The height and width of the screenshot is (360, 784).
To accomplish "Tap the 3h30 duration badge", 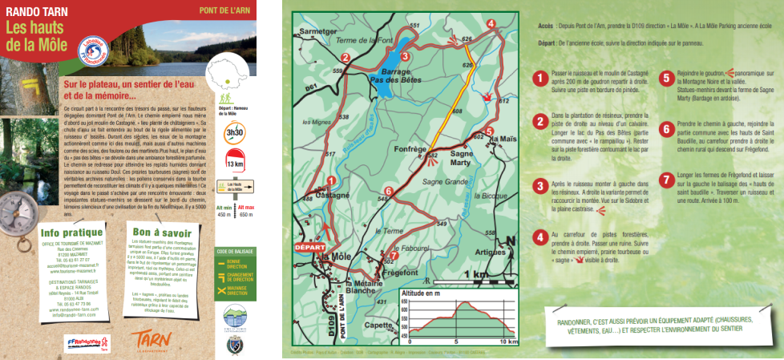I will [235, 132].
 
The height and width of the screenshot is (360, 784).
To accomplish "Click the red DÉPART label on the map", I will [309, 247].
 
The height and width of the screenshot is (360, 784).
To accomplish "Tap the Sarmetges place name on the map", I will [315, 32].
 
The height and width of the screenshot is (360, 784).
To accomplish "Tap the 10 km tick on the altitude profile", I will [507, 342].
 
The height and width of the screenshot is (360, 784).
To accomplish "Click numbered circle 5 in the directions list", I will [665, 79].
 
